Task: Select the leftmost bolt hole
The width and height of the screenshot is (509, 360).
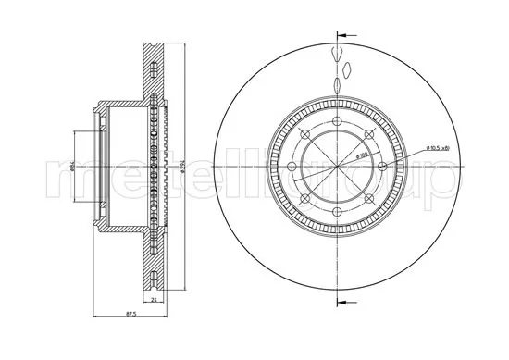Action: [x=286, y=170]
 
